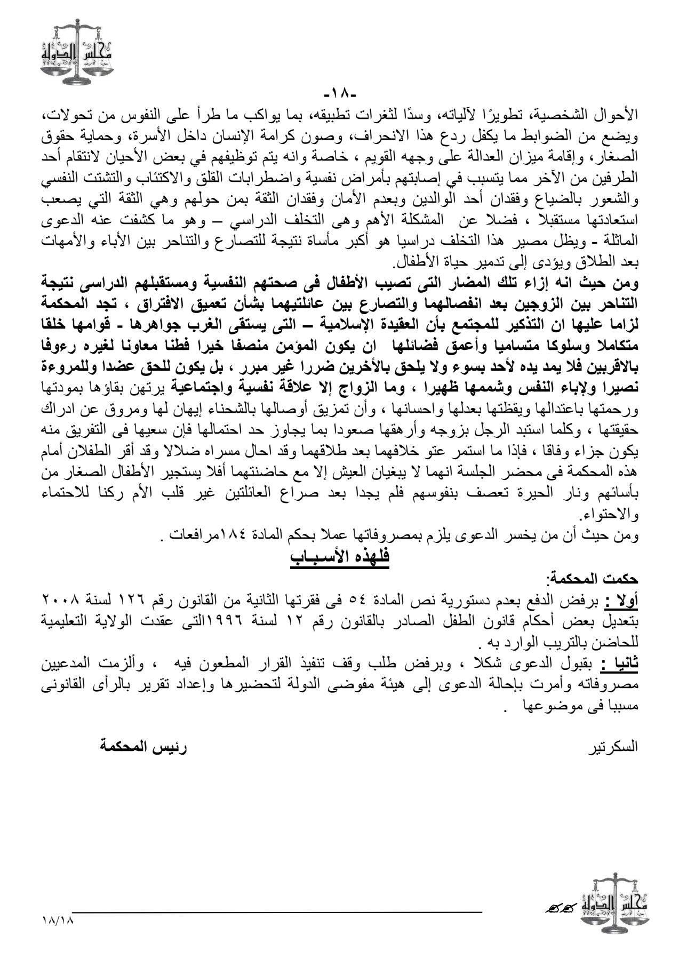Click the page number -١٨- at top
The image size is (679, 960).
pos(339,95)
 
